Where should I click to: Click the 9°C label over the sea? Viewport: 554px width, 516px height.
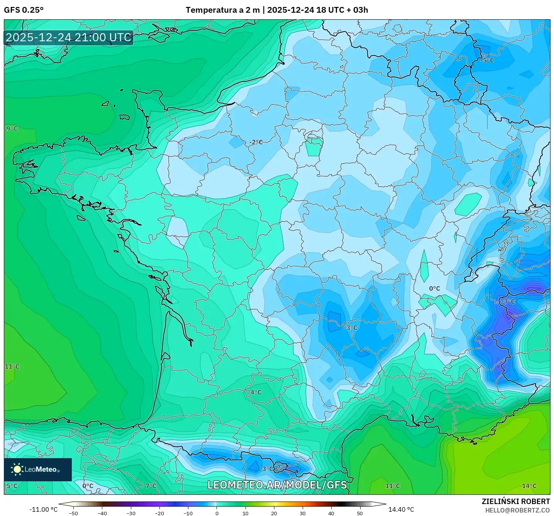click(x=12, y=128)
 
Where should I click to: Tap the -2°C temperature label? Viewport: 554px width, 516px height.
click(x=256, y=142)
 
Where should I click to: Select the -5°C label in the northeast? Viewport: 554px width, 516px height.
click(x=487, y=61)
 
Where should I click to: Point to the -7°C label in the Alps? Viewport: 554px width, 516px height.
click(x=508, y=302)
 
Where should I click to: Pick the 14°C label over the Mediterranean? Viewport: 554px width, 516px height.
click(x=529, y=486)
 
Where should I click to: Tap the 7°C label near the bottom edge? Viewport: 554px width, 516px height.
click(x=151, y=486)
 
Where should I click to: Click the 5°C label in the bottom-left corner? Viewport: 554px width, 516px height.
click(x=12, y=486)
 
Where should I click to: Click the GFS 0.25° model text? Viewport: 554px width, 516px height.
click(x=24, y=10)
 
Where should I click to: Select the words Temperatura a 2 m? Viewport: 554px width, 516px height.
click(x=222, y=10)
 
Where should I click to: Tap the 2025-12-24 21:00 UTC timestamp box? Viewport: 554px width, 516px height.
click(x=69, y=37)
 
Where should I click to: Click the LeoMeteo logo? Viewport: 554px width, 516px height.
click(x=38, y=469)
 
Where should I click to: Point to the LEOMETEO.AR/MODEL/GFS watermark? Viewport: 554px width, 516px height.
click(x=277, y=485)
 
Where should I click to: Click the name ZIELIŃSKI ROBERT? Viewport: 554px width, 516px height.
click(x=515, y=501)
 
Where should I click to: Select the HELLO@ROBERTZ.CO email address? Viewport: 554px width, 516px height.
click(x=517, y=510)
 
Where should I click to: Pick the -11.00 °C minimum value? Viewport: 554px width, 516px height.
click(x=43, y=509)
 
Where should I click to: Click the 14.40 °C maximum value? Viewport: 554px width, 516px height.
click(x=401, y=509)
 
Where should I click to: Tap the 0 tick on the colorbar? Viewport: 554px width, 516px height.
click(x=217, y=513)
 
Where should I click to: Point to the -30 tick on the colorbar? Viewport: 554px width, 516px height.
click(x=131, y=513)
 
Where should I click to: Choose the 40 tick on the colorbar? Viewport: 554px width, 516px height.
click(x=331, y=513)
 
